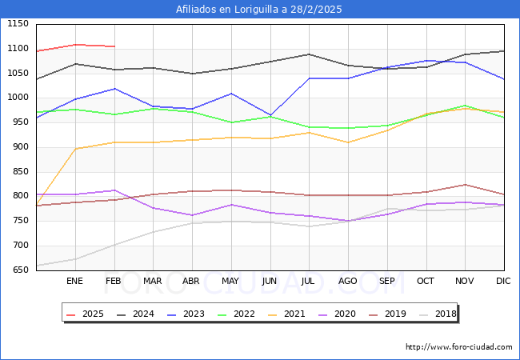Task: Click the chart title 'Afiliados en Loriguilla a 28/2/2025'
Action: [260, 10]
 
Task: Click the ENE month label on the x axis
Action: [74, 281]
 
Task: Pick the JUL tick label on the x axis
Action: [309, 281]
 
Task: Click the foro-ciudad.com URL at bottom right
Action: [459, 347]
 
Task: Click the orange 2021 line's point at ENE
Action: [75, 149]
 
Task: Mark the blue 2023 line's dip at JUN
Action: [270, 116]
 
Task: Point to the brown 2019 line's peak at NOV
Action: [465, 185]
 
